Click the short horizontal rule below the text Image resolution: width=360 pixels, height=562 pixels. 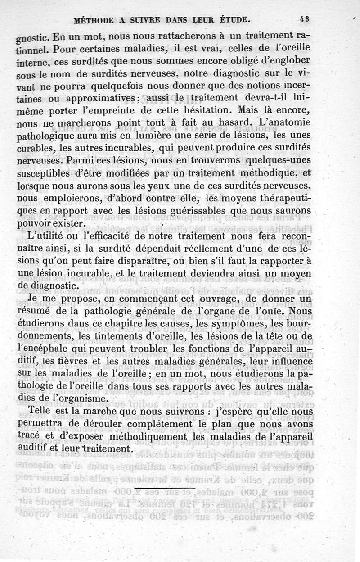pos(164,488)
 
